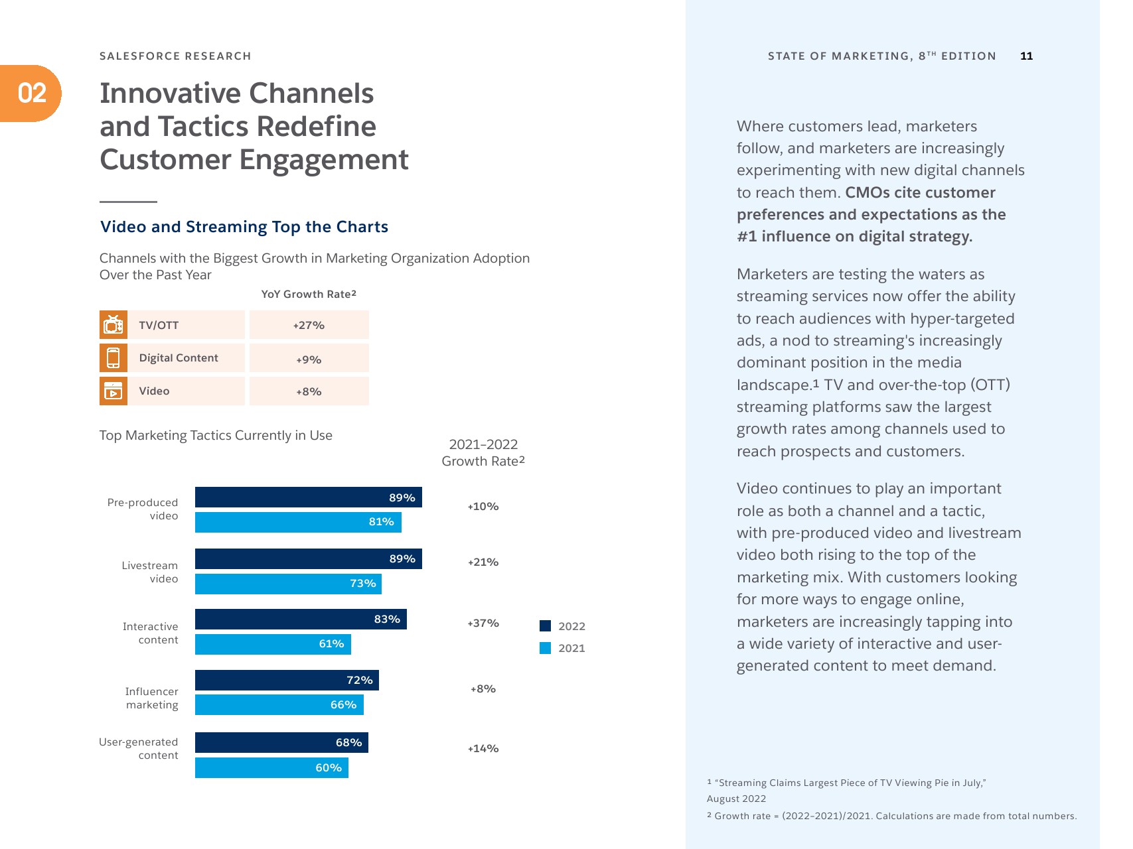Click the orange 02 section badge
click(31, 94)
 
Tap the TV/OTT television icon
click(113, 325)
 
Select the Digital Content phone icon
click(113, 358)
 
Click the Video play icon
click(113, 391)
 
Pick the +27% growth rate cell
click(309, 325)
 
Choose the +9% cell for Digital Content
click(309, 359)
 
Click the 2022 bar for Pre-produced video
click(308, 497)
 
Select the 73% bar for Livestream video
click(288, 584)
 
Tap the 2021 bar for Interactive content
click(273, 644)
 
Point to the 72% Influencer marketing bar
click(287, 681)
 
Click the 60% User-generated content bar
click(271, 767)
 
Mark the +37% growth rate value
click(483, 623)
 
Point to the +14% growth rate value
click(483, 749)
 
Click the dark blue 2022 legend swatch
click(546, 625)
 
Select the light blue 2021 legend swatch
click(546, 648)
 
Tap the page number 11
click(1026, 56)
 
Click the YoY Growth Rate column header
click(309, 294)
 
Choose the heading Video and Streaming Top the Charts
click(244, 227)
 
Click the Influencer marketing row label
click(152, 698)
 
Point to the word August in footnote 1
click(723, 799)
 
